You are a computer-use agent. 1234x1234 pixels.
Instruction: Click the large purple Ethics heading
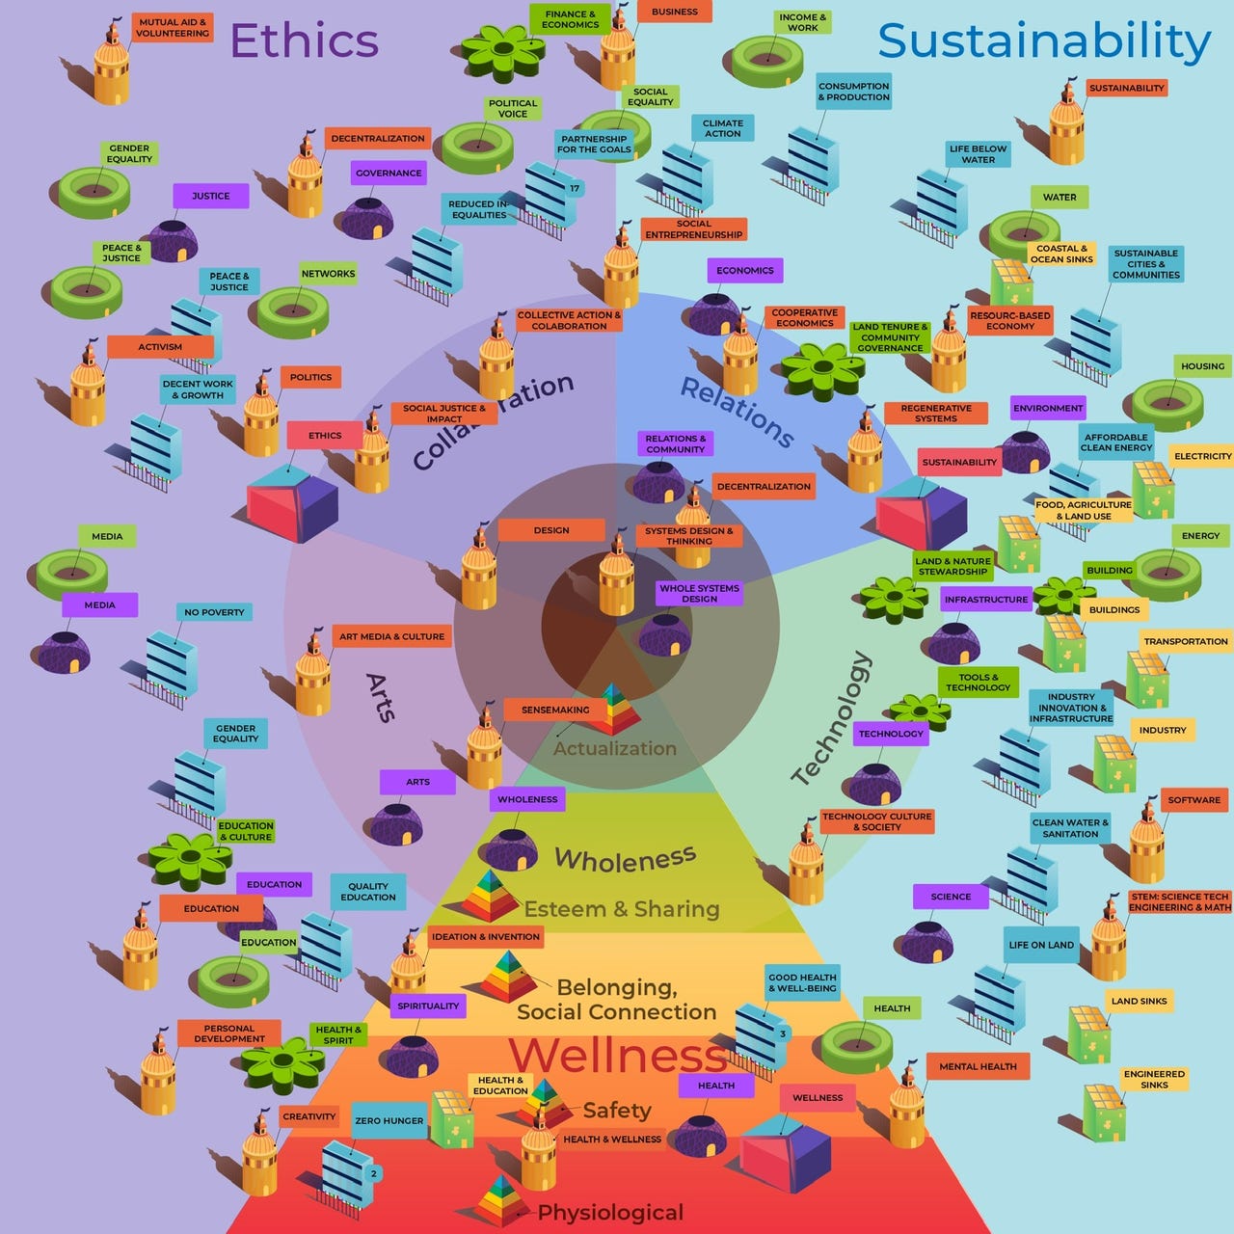click(305, 40)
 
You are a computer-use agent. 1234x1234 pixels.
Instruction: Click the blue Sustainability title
click(1043, 40)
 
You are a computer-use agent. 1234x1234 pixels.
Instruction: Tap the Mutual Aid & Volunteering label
click(173, 27)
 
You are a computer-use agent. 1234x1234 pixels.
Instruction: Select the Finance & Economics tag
click(570, 19)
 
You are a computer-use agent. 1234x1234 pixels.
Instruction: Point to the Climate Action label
click(722, 128)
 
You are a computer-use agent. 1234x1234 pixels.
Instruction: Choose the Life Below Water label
click(978, 154)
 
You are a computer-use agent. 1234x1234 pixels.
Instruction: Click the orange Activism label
click(160, 347)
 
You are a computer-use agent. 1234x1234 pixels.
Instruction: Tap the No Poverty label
click(214, 612)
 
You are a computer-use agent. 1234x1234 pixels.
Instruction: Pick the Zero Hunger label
click(389, 1121)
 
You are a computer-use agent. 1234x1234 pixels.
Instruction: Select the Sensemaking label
click(555, 711)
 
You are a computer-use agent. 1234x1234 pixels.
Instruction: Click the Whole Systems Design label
click(699, 594)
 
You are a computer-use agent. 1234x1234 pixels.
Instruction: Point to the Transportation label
click(1185, 642)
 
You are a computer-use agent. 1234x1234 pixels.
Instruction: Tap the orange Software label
click(1194, 800)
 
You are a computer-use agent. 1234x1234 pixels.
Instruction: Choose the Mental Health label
click(978, 1067)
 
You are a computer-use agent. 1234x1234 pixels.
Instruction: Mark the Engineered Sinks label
click(1154, 1080)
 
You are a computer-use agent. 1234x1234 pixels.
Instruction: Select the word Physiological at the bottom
click(610, 1213)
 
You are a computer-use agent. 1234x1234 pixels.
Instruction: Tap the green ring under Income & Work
click(767, 62)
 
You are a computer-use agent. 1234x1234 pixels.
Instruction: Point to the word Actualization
click(615, 749)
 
